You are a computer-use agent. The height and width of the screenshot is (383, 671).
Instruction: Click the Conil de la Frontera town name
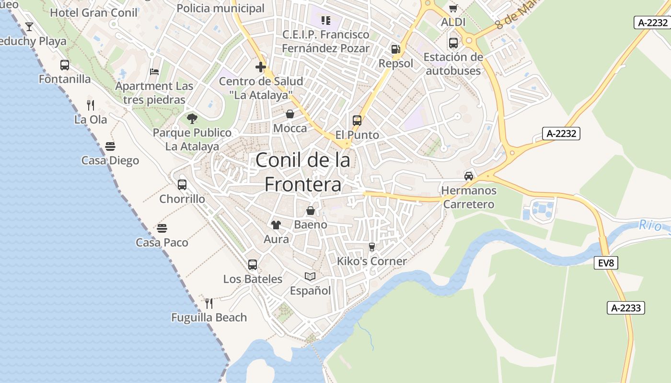point(303,172)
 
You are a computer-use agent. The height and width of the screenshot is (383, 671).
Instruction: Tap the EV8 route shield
point(606,262)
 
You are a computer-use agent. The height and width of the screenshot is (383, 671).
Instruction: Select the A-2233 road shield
point(626,308)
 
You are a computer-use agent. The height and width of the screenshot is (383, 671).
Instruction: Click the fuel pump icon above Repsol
point(395,49)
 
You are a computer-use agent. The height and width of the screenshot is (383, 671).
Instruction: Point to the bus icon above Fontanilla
point(65,65)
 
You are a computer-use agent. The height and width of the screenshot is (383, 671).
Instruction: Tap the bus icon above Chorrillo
point(182,185)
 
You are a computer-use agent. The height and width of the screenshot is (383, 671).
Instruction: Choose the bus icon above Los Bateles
point(253,264)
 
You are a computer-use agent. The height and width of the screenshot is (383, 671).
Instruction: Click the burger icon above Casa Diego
point(110,146)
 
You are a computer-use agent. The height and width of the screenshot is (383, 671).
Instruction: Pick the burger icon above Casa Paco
point(162,228)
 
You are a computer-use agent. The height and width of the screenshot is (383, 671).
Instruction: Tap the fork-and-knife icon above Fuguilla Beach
point(209,303)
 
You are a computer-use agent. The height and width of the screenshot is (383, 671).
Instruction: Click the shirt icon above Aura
point(276,225)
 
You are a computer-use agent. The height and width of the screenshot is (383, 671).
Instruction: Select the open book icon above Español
point(310,276)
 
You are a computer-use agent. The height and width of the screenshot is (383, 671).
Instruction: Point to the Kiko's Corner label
point(372,261)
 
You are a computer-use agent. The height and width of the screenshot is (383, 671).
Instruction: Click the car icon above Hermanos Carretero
point(469,176)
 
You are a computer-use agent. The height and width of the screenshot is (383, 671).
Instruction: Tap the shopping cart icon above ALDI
point(453,8)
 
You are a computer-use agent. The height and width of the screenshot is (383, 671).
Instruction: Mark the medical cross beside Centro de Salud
point(261,67)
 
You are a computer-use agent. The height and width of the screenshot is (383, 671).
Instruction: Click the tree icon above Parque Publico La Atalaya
point(192,118)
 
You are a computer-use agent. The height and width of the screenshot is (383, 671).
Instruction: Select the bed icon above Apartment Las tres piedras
point(154,72)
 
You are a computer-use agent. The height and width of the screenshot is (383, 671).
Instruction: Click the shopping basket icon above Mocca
point(290,114)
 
